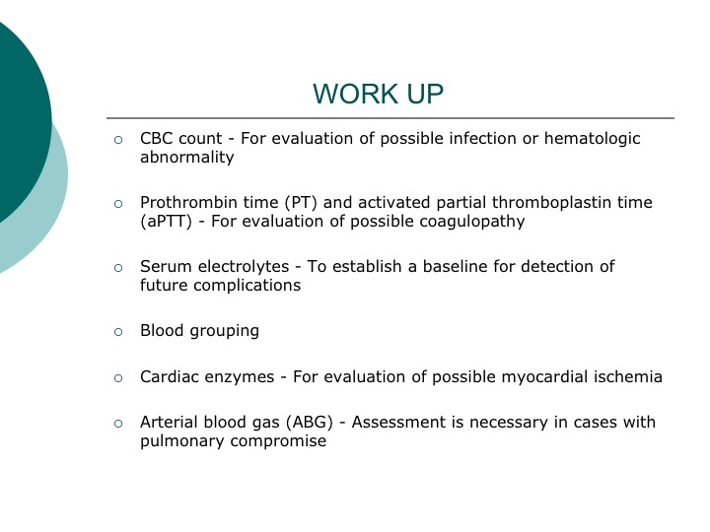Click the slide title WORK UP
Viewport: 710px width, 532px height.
(378, 94)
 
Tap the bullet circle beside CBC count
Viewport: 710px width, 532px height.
(118, 140)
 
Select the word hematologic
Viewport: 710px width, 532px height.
(593, 139)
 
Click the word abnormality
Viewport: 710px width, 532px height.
(187, 158)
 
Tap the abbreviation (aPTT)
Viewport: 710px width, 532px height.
(167, 222)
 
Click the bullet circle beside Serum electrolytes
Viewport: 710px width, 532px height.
(118, 268)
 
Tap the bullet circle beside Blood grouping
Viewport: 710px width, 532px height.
(118, 332)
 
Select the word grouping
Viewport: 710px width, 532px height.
(225, 331)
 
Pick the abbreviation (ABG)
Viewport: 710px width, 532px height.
(310, 423)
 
